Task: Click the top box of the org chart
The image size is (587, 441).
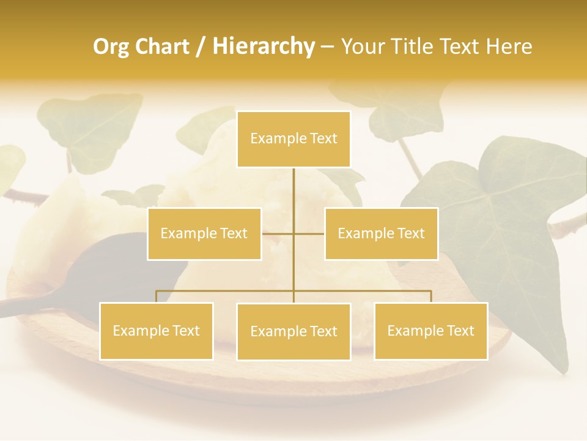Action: pyautogui.click(x=293, y=139)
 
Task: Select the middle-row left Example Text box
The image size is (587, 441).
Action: pyautogui.click(x=204, y=233)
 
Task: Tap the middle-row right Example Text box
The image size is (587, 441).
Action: pyautogui.click(x=381, y=233)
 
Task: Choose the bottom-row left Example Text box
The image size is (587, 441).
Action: pyautogui.click(x=157, y=331)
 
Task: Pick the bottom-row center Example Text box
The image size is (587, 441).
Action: pyautogui.click(x=293, y=331)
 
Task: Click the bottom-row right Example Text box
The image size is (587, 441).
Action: pyautogui.click(x=430, y=331)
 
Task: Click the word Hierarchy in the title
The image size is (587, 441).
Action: pyautogui.click(x=263, y=47)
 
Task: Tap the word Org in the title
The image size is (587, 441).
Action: pyautogui.click(x=110, y=47)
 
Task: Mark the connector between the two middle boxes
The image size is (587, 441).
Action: pyautogui.click(x=293, y=233)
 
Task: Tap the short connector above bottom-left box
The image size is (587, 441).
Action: pyautogui.click(x=157, y=296)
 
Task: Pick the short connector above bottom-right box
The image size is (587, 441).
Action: pyautogui.click(x=431, y=296)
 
